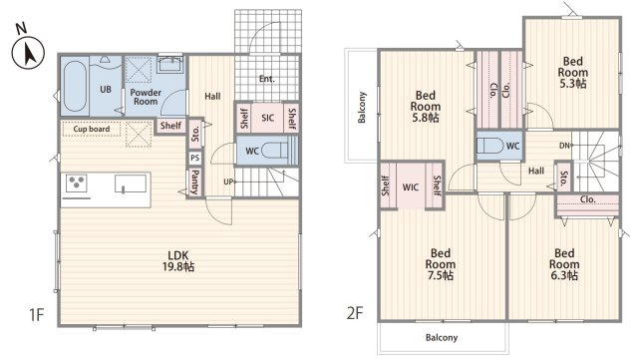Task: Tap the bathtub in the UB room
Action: (75, 86)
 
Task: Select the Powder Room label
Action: (146, 97)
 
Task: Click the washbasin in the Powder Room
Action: (170, 65)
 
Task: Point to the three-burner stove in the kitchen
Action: (77, 182)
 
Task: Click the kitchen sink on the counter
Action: (131, 183)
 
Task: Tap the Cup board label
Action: (92, 129)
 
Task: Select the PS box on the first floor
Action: (195, 158)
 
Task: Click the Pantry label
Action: (195, 181)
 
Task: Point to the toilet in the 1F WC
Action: (275, 151)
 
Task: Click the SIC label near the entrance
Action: (267, 118)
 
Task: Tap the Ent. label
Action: (267, 79)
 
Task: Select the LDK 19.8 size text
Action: (178, 261)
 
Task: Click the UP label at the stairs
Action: (228, 182)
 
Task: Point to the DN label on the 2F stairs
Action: (564, 146)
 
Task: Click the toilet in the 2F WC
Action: (490, 146)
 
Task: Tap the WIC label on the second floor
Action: (410, 186)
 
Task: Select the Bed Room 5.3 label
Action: (572, 73)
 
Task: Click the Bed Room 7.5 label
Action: (441, 264)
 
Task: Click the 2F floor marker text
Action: (355, 313)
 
